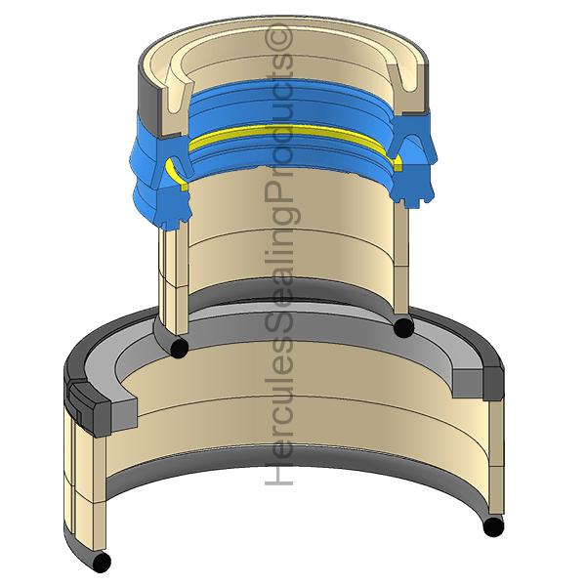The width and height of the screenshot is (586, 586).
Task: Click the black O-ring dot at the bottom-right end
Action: coord(492,528)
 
